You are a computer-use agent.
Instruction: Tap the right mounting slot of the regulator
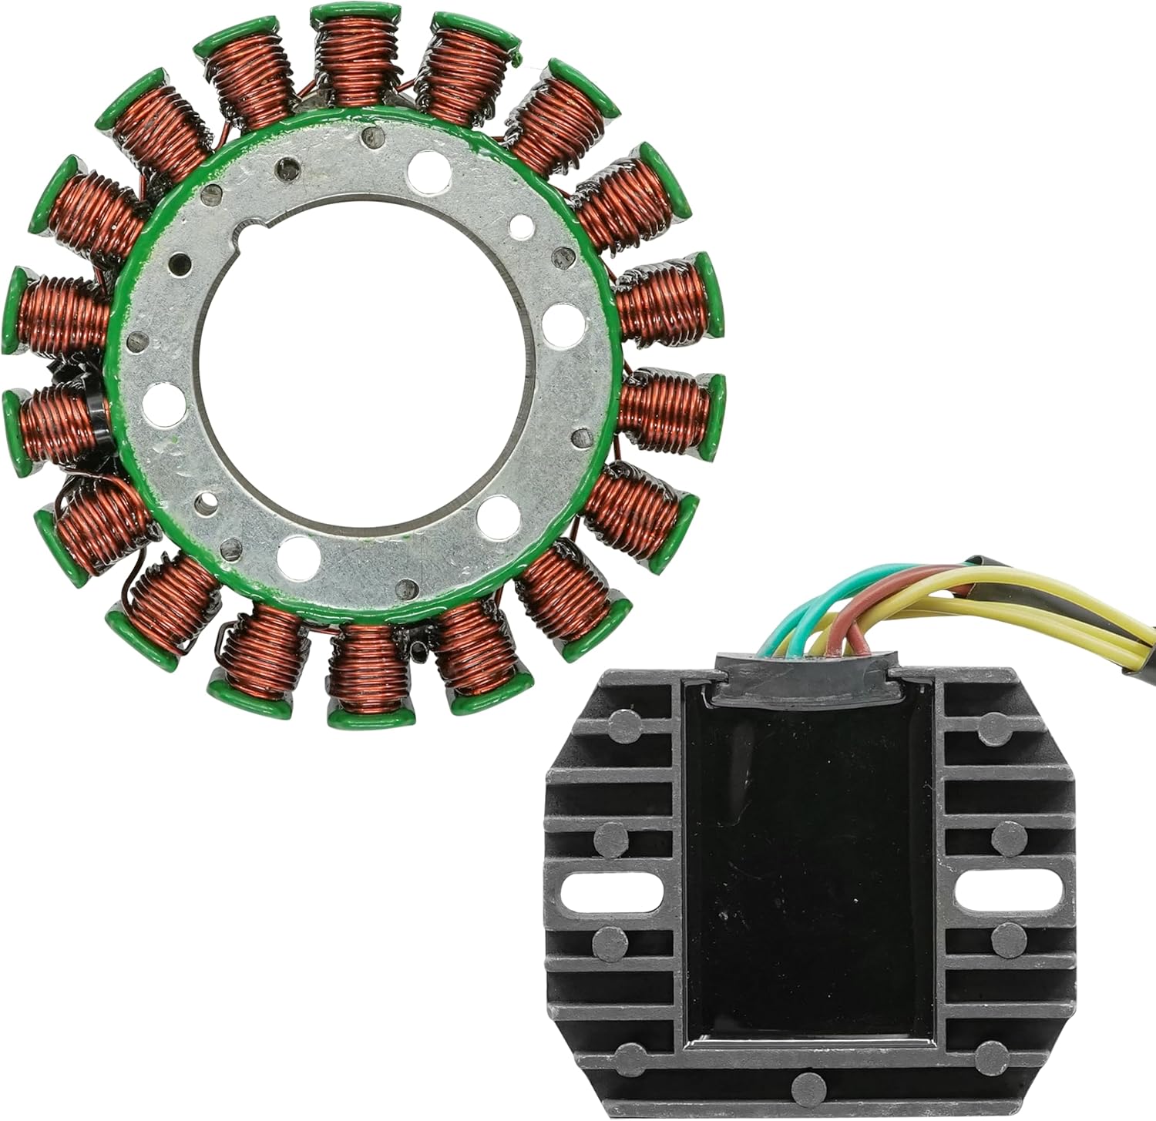coord(1009,891)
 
